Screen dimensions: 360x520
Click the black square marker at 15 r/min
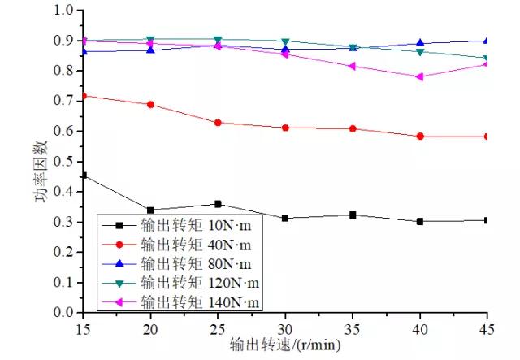[83, 175]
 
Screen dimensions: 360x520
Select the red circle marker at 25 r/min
[217, 123]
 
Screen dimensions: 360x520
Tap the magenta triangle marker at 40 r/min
[419, 76]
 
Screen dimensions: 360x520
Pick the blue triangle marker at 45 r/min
[486, 40]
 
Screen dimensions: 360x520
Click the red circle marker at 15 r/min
[83, 96]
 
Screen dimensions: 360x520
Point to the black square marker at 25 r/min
[217, 204]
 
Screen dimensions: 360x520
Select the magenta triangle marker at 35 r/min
[352, 66]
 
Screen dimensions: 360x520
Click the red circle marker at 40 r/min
[419, 137]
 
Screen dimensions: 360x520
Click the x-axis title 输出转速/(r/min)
[284, 345]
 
